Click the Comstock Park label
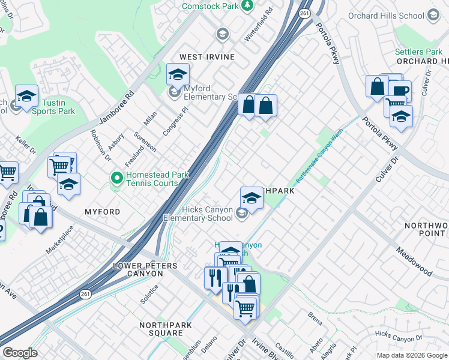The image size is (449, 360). [x=209, y=5]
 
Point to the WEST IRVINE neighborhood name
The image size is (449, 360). [x=206, y=57]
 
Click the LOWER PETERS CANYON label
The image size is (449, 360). [x=138, y=269]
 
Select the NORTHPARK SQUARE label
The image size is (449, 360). [x=161, y=329]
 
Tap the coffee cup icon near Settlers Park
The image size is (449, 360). [x=399, y=92]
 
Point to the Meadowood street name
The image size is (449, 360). [x=414, y=260]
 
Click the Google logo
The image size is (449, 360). [x=20, y=353]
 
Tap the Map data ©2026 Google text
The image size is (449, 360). [x=412, y=355]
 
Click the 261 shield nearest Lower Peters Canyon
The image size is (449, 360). [x=85, y=294]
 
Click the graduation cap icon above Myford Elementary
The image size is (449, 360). [x=178, y=75]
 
